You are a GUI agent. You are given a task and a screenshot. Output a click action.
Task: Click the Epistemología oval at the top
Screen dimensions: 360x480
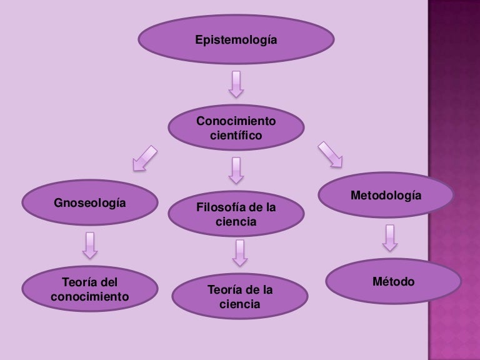(236, 41)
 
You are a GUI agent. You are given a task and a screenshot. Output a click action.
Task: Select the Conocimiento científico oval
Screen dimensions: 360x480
(236, 127)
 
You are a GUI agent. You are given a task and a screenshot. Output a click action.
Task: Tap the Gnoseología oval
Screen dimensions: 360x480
(89, 203)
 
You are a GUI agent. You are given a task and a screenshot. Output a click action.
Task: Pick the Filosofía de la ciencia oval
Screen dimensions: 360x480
(236, 214)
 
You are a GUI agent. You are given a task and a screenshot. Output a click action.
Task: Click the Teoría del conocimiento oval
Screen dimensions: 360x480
(89, 289)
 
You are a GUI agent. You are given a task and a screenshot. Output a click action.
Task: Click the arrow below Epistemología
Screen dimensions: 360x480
(236, 84)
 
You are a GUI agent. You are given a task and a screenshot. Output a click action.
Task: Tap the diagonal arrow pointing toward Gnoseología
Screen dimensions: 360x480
(145, 157)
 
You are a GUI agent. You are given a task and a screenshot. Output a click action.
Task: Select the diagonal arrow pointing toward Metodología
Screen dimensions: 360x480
(330, 154)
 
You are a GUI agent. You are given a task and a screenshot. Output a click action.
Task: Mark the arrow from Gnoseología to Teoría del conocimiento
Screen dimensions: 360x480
(89, 246)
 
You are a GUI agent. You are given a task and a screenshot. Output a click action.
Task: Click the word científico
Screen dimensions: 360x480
(236, 135)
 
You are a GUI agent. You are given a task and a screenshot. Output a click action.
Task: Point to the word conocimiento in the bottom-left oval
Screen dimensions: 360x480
(89, 296)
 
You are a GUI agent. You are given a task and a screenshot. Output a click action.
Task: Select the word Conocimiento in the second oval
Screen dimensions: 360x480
(236, 120)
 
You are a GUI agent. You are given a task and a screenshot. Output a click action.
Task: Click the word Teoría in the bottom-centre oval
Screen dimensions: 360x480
(224, 291)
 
